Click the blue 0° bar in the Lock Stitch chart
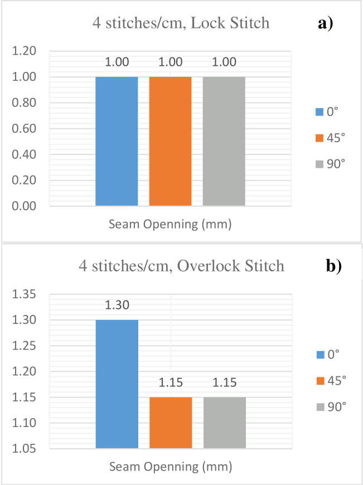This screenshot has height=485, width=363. (x=117, y=141)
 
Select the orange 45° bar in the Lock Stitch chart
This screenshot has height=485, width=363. (x=170, y=141)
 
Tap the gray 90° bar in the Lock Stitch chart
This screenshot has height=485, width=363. (x=224, y=141)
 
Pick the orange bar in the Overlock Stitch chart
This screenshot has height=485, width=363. (x=170, y=422)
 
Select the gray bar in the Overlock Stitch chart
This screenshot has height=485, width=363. (x=224, y=422)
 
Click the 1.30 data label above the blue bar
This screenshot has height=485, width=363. (x=117, y=305)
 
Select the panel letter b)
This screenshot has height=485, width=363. (x=333, y=266)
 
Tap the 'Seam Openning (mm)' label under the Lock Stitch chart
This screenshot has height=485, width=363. (x=170, y=225)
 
